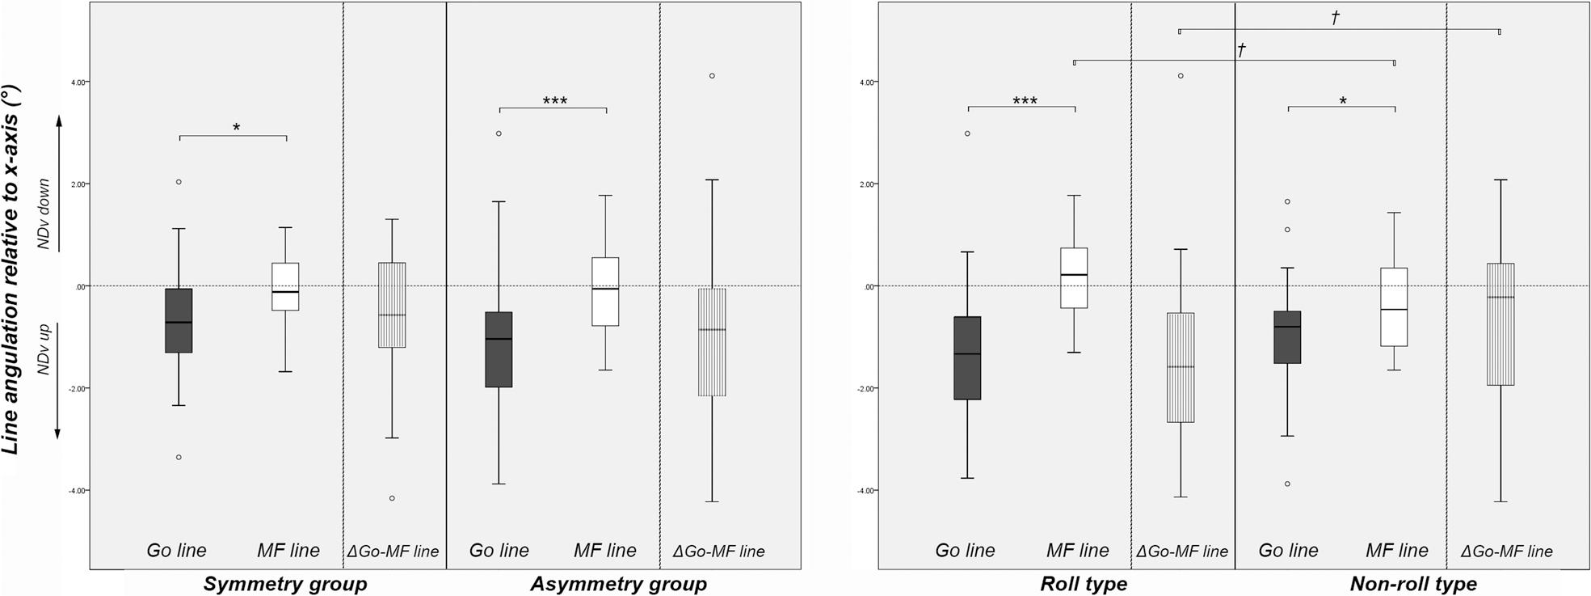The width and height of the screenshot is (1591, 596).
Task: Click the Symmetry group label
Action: coord(284,584)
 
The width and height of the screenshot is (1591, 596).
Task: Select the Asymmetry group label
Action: coord(618,584)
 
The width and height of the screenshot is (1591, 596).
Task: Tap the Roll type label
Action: coord(1084,584)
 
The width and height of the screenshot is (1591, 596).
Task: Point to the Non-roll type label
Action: coord(1413,584)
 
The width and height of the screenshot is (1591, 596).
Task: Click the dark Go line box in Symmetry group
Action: coord(179,320)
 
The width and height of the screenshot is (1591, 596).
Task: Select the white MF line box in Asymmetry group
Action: coord(605,291)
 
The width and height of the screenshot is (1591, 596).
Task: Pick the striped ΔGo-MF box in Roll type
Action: coord(1181,367)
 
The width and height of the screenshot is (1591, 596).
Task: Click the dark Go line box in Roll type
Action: coord(967,357)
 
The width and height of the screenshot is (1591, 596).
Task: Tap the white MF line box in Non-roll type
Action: coord(1395,307)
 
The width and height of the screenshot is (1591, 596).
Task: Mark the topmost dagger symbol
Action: coord(1336,17)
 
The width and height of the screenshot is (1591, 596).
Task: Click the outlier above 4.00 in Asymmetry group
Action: coord(712,76)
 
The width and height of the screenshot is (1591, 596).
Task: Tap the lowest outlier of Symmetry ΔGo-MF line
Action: coord(392,498)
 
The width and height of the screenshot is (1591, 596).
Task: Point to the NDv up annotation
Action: coord(44,349)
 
